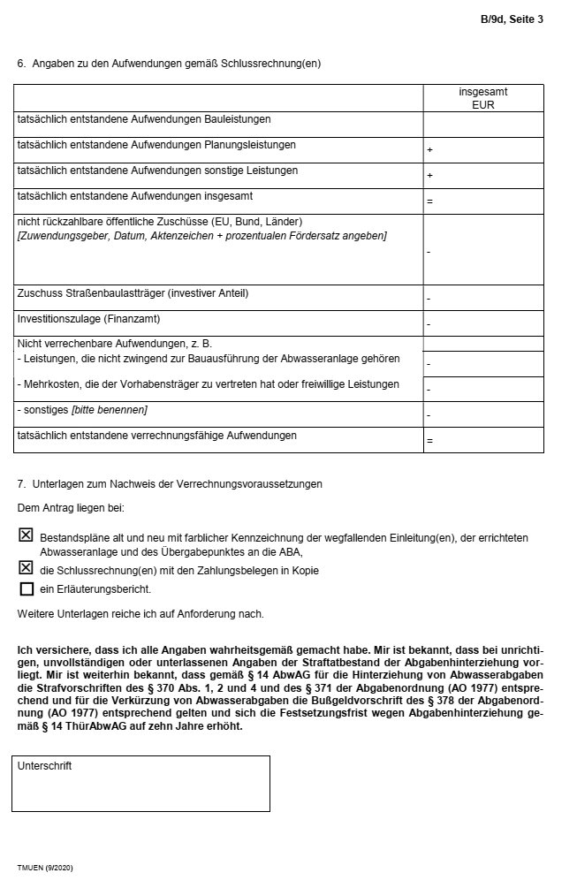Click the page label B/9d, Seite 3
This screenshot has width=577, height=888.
[512, 19]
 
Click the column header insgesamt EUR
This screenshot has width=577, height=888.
[483, 97]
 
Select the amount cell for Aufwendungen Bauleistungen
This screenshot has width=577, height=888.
[483, 125]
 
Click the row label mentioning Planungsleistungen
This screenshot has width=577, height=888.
[156, 145]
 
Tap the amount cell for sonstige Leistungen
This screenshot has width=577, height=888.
[483, 176]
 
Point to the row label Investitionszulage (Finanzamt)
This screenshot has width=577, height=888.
[88, 318]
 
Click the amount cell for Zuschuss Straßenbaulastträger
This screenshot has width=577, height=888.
[483, 298]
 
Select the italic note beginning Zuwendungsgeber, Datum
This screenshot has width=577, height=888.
[201, 236]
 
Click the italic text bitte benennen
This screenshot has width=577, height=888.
[114, 410]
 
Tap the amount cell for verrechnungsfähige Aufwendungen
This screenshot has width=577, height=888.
[483, 440]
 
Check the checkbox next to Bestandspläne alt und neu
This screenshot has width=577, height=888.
[27, 535]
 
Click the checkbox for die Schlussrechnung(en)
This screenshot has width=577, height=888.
[27, 568]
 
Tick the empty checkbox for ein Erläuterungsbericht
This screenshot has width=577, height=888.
[27, 588]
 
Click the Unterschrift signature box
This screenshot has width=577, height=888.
[140, 784]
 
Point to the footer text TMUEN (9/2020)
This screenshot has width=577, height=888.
[44, 869]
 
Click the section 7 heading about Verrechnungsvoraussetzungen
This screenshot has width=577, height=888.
[170, 484]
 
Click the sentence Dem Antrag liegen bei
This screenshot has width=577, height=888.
[71, 508]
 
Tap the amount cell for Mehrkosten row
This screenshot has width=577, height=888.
[483, 388]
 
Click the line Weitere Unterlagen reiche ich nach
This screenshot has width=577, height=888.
[140, 613]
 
